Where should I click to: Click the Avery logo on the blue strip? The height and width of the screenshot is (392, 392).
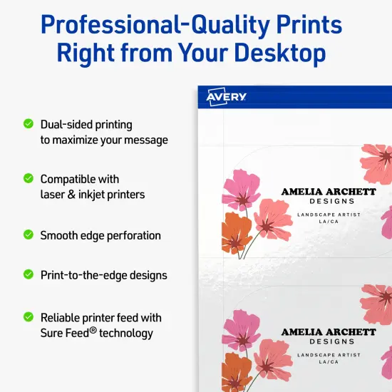pos(227,97)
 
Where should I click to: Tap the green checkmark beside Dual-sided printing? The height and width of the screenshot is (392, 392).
pos(29,123)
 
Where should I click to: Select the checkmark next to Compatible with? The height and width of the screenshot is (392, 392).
pos(29,177)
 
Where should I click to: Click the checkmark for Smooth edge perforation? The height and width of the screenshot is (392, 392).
pos(29,234)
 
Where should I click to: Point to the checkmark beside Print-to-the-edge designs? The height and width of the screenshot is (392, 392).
pos(29,273)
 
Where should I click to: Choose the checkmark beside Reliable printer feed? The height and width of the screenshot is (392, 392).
pos(29,316)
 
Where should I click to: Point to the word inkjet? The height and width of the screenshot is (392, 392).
pos(94,195)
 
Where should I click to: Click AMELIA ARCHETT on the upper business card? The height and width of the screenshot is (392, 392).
pos(328,191)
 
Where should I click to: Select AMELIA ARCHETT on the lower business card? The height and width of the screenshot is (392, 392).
pos(328,331)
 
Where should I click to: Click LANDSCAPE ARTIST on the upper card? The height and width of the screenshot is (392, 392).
pos(329,215)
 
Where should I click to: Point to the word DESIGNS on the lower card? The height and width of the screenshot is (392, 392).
pos(329,341)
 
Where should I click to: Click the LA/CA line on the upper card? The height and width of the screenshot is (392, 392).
pos(329,222)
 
